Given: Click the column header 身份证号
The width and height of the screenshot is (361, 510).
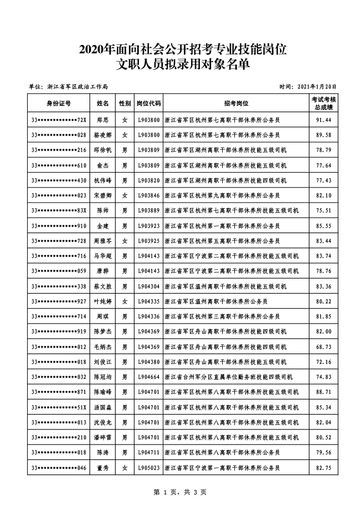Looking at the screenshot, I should (58, 103).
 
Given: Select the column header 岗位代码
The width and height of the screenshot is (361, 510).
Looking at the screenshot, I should (148, 103).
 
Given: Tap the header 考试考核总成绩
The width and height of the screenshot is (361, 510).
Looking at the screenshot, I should (323, 103).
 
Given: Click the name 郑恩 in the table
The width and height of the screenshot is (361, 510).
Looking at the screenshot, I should (102, 120).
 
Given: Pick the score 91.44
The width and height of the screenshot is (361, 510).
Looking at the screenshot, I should (323, 120).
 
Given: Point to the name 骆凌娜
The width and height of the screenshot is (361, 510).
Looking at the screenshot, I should (102, 135).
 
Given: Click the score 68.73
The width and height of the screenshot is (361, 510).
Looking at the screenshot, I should (323, 347).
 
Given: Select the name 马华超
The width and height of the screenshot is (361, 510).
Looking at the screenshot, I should (102, 256).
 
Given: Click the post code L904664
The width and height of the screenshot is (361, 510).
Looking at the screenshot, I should (148, 377).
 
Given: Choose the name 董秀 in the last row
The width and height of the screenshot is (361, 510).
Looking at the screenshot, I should (102, 468).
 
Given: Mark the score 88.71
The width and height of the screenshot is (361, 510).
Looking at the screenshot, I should (323, 392).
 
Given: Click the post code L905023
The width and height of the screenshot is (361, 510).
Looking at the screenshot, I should (148, 468).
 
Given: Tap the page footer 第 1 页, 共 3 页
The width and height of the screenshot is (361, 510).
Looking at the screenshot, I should (180, 492).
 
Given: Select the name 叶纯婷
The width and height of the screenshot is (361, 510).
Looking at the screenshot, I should (102, 301).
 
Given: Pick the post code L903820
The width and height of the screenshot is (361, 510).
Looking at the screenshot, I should (148, 180).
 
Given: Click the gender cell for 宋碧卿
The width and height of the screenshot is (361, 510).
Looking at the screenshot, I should (125, 195).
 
